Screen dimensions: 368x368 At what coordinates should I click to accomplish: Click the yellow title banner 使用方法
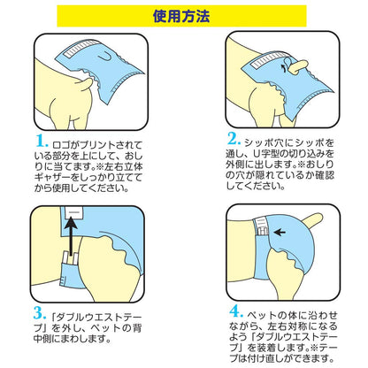coord(181,16)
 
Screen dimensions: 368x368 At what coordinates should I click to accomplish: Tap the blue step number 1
coord(42,141)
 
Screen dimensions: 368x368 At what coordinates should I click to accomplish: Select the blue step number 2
coord(234,139)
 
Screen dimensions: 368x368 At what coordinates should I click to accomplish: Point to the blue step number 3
coord(40,313)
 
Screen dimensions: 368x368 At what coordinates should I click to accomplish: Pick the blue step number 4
coord(237,311)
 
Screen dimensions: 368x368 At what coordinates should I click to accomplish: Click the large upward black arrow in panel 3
coord(71,235)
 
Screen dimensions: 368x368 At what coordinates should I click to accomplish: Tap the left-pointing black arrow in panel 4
coord(280,233)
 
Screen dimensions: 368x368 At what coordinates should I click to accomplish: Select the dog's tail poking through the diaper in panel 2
coord(297,65)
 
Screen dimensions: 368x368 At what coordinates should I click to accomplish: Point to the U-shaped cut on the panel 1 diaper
coord(103,57)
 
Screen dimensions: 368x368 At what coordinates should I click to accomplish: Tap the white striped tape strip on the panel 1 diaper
coord(77,49)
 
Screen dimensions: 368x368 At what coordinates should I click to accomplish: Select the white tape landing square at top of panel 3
coord(74,212)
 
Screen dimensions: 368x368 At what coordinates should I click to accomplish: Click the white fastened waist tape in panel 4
coord(261,226)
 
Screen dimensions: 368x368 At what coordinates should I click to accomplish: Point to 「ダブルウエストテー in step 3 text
coord(96,318)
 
